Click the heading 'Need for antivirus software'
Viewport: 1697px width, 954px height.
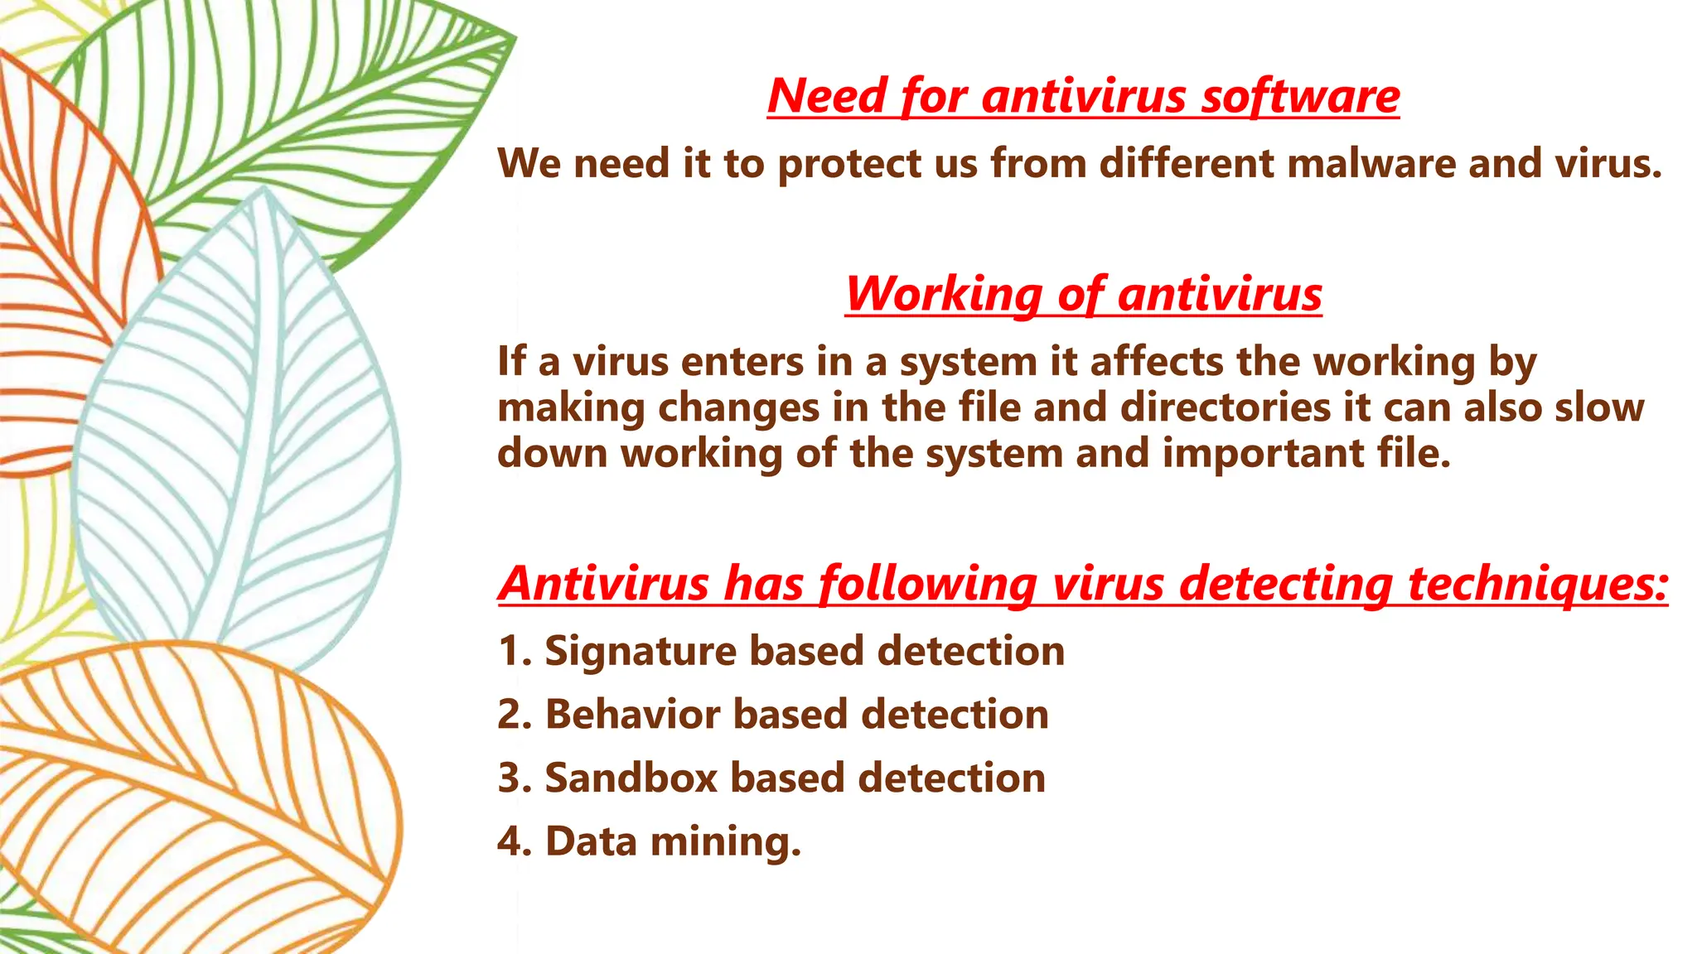click(x=1083, y=96)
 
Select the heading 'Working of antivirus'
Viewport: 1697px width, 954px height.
click(x=1083, y=294)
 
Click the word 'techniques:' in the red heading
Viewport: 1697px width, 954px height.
click(x=1538, y=584)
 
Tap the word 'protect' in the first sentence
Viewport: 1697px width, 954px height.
click(x=849, y=163)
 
